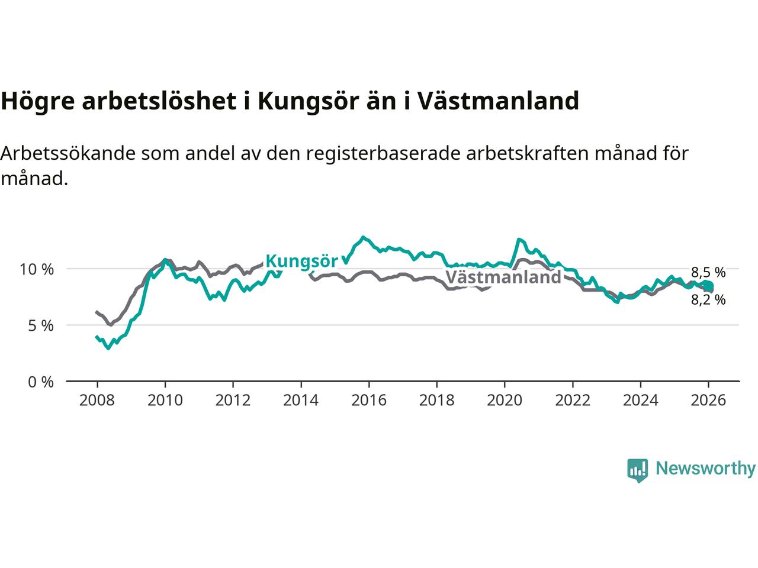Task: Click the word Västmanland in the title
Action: (x=498, y=101)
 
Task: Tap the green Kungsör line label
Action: (x=301, y=261)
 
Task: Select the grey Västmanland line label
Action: (x=503, y=277)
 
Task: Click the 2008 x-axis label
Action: (x=97, y=401)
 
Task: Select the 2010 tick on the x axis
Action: (x=165, y=401)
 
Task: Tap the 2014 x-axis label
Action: (x=300, y=401)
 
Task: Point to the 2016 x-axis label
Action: (x=368, y=401)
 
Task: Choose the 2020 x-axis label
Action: (x=504, y=401)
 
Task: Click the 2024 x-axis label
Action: (x=640, y=401)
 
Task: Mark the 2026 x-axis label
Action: (x=708, y=401)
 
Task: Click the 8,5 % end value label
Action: (x=708, y=273)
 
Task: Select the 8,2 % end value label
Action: (x=708, y=300)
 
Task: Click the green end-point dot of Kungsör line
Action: (x=709, y=287)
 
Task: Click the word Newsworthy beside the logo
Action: (x=705, y=469)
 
